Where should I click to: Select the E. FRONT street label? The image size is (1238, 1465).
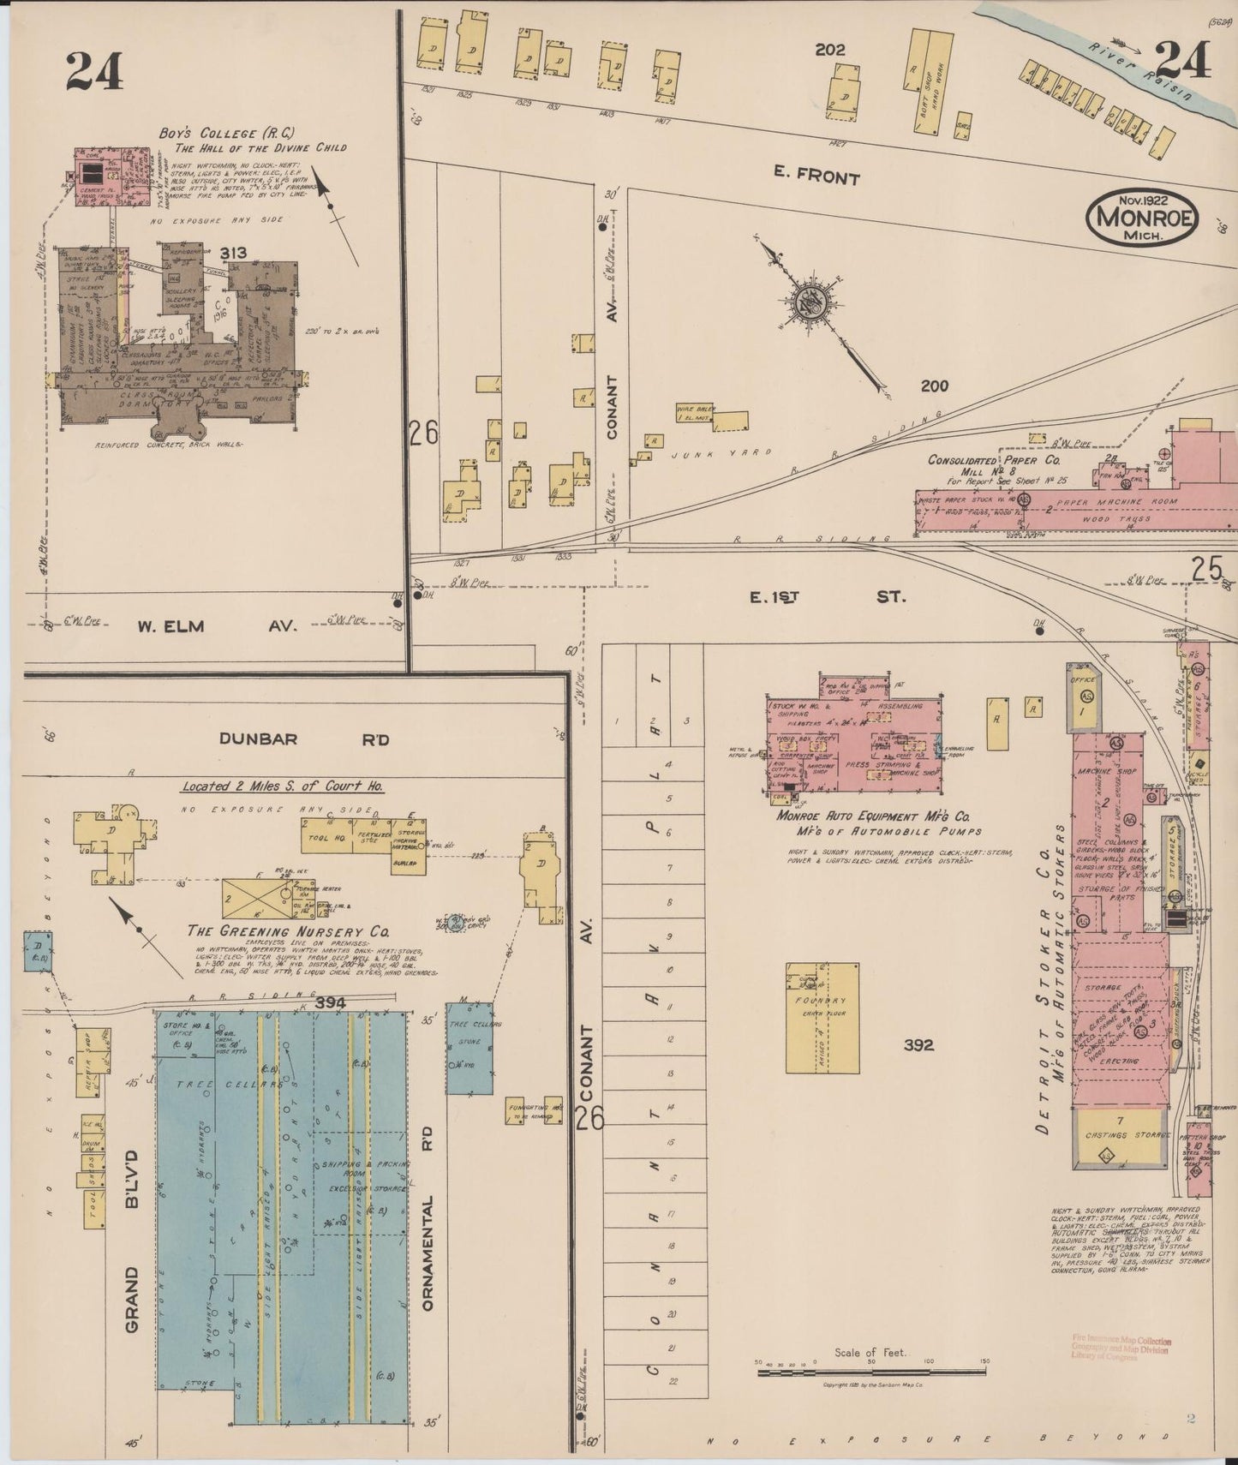[x=816, y=178]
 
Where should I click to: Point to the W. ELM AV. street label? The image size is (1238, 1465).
[x=216, y=626]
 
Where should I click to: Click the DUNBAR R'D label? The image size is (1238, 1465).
[x=303, y=738]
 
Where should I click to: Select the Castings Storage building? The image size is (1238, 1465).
[x=1121, y=1137]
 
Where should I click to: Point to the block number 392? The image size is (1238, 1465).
[x=918, y=1045]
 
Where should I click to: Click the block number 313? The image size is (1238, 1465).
[x=233, y=253]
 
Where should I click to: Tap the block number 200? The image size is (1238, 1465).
[x=934, y=386]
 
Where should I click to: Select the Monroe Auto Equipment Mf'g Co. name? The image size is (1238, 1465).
[x=873, y=816]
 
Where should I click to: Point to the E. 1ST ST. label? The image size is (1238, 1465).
[x=826, y=597]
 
